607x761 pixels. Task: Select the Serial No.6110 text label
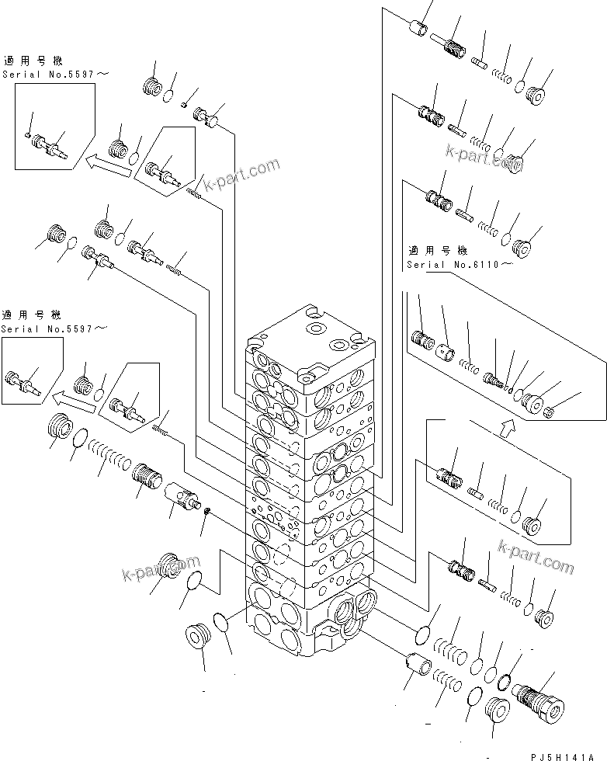[458, 264]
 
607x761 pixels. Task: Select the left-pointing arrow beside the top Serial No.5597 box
[106, 162]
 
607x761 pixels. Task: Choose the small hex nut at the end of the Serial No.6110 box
[550, 410]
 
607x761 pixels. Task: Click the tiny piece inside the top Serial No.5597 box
[29, 136]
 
